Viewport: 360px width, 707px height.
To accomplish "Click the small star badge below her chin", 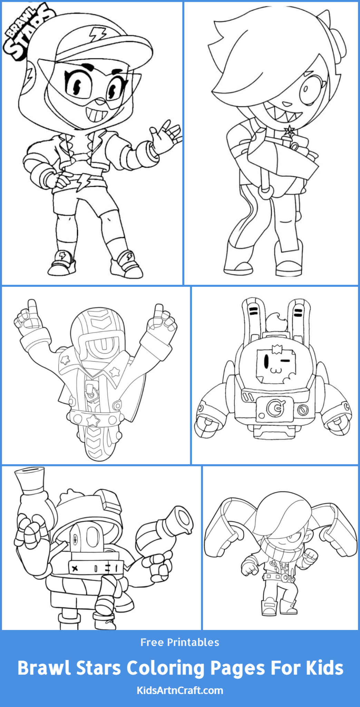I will (x=289, y=130).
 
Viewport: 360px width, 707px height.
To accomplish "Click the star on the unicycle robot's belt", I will (x=93, y=420).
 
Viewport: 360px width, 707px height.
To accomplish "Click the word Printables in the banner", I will (x=193, y=642).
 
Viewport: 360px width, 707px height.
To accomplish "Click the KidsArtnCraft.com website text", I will (x=180, y=690).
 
